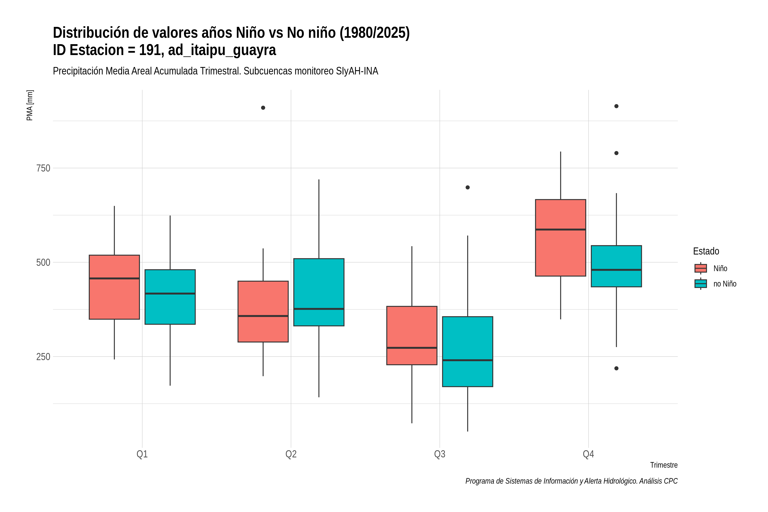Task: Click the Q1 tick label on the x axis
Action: click(x=142, y=454)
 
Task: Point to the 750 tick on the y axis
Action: click(x=43, y=168)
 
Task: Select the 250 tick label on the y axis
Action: click(x=43, y=356)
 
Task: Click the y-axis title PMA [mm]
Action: click(x=30, y=105)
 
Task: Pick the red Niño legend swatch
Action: click(x=701, y=268)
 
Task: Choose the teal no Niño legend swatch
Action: click(x=701, y=284)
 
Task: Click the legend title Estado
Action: click(x=706, y=251)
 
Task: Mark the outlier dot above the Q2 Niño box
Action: click(x=263, y=108)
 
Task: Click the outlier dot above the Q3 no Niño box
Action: click(x=468, y=188)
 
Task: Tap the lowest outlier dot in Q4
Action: click(x=617, y=368)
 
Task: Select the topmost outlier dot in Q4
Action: click(x=617, y=106)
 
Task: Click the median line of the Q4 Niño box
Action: click(x=561, y=230)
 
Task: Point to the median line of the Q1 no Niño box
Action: click(x=170, y=294)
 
